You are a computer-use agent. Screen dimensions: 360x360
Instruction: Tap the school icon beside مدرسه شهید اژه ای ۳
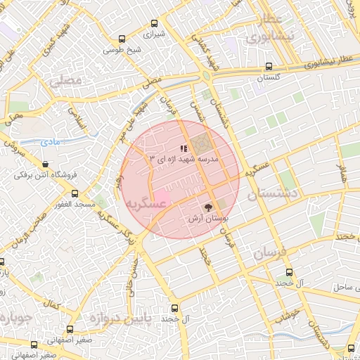(x=184, y=148)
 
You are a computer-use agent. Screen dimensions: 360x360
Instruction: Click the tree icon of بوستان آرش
(x=208, y=207)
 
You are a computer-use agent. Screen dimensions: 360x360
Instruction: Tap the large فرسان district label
(x=271, y=252)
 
